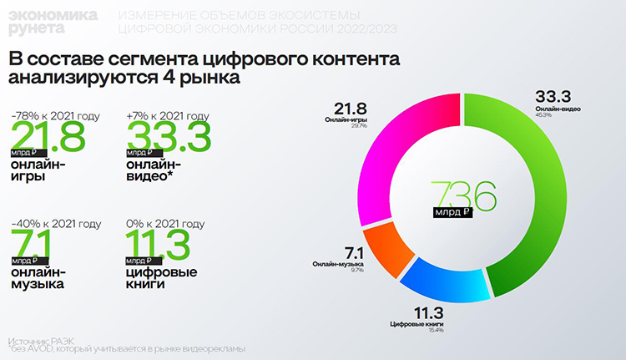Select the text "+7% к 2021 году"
pyautogui.click(x=167, y=116)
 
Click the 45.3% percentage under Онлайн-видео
pyautogui.click(x=561, y=117)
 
